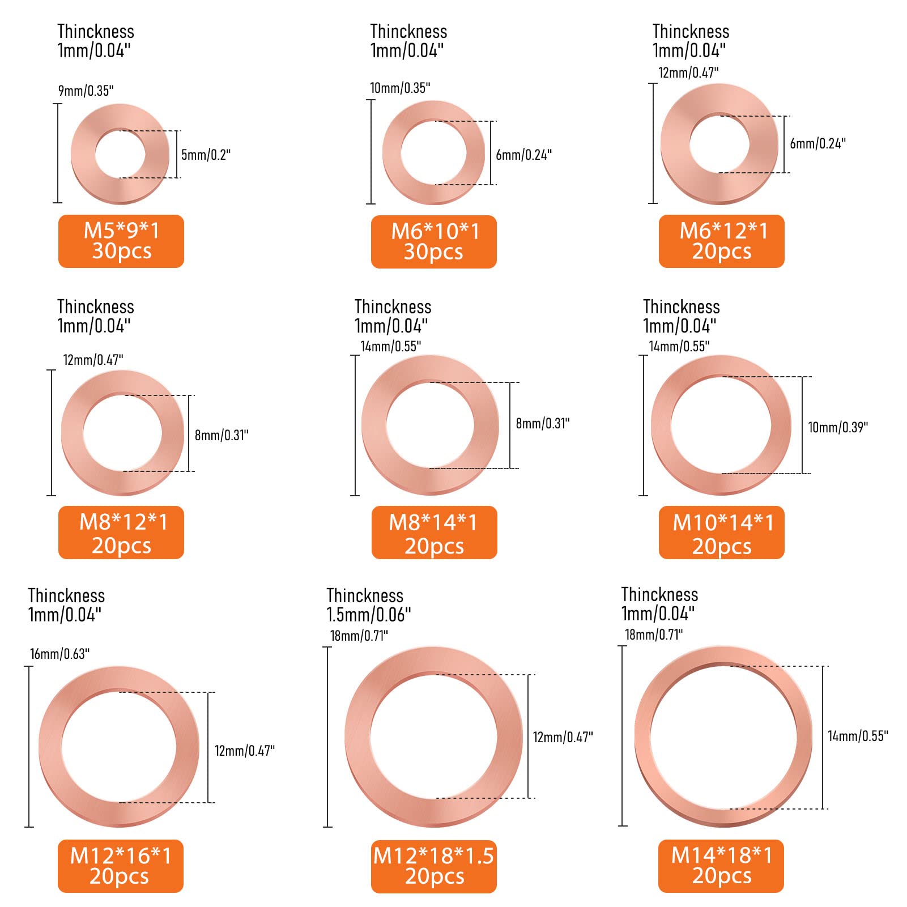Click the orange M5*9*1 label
point(121,241)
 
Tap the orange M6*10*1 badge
point(434,241)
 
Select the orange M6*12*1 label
point(722,241)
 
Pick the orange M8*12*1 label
point(121,533)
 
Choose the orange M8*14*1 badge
point(434,533)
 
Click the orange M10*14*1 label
point(722,533)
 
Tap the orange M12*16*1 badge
point(121,866)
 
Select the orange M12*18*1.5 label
point(434,866)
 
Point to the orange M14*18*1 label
point(721,866)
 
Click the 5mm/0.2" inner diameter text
point(206,155)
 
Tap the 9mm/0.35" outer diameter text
point(86,91)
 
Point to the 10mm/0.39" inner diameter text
point(838,427)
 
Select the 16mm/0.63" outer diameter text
point(60,654)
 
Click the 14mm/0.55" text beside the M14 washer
point(858,736)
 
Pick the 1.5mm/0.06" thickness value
point(369,615)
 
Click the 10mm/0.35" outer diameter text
point(400,88)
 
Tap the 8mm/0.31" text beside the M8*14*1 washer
point(543,423)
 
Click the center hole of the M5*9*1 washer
point(120,154)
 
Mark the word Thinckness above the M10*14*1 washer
point(682,307)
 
